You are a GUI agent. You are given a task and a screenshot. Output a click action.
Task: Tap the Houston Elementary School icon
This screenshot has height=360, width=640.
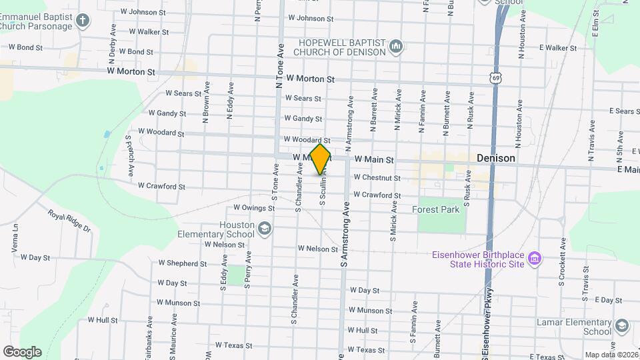tap(265, 230)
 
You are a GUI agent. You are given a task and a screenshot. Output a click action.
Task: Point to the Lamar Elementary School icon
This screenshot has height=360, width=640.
tap(621, 327)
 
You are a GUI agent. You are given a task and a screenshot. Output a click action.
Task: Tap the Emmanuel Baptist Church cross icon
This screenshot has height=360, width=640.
tap(83, 20)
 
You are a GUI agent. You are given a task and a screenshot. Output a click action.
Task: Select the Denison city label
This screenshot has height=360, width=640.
tap(496, 158)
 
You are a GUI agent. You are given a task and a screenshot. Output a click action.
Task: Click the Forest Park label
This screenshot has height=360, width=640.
tap(436, 209)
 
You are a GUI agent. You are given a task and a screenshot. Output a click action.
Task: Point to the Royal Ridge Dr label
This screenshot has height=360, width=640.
tap(69, 220)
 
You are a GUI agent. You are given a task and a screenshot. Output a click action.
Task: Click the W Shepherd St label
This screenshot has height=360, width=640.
tap(182, 263)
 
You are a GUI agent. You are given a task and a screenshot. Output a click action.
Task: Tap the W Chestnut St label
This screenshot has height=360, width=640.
tap(377, 178)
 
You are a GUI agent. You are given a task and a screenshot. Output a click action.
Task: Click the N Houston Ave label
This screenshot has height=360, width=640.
tap(517, 124)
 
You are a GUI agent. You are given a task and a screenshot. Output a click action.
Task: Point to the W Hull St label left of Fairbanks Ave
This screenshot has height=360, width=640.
tap(102, 320)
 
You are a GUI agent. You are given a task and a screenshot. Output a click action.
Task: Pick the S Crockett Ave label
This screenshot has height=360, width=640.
tap(562, 261)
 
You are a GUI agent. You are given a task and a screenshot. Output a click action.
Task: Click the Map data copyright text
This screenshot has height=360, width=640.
tap(609, 355)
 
